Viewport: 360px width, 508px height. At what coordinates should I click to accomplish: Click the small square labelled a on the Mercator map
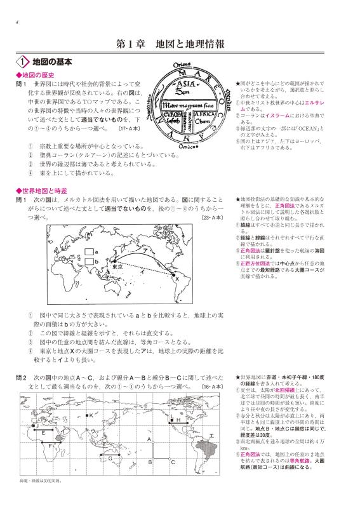[x=89, y=251]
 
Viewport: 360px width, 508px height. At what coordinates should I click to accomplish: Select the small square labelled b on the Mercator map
[x=89, y=262]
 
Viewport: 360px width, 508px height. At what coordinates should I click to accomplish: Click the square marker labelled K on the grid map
[x=87, y=415]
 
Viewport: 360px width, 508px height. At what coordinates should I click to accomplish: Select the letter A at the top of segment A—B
[x=149, y=439]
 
